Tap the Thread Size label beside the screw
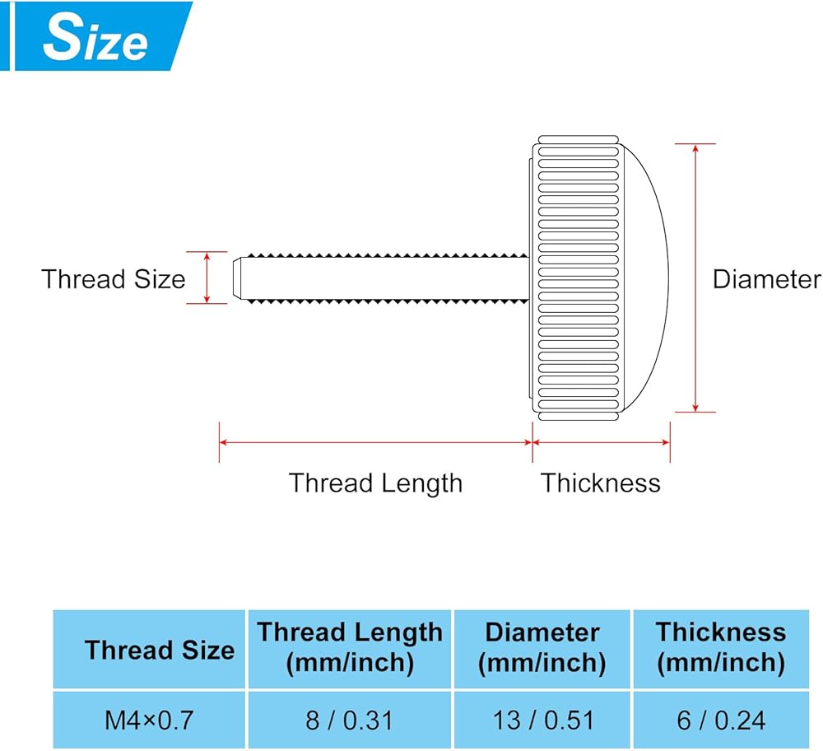pyautogui.click(x=114, y=279)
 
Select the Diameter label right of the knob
pyautogui.click(x=766, y=279)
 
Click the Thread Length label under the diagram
pyautogui.click(x=375, y=483)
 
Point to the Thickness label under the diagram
pyautogui.click(x=601, y=483)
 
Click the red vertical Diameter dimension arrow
pyautogui.click(x=695, y=278)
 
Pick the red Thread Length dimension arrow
pyautogui.click(x=375, y=442)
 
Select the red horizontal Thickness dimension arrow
pyautogui.click(x=601, y=442)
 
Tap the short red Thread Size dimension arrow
pyautogui.click(x=207, y=278)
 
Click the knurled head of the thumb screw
pyautogui.click(x=576, y=278)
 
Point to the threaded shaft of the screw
pyautogui.click(x=387, y=278)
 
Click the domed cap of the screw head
pyautogui.click(x=646, y=278)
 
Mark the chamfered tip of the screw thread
pyautogui.click(x=239, y=278)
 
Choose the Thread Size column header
pyautogui.click(x=159, y=650)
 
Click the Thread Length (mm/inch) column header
pyautogui.click(x=350, y=648)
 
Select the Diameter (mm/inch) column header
pyautogui.click(x=543, y=648)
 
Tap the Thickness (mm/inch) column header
pyautogui.click(x=721, y=648)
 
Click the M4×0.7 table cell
pyautogui.click(x=149, y=721)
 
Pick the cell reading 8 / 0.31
pyautogui.click(x=349, y=721)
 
